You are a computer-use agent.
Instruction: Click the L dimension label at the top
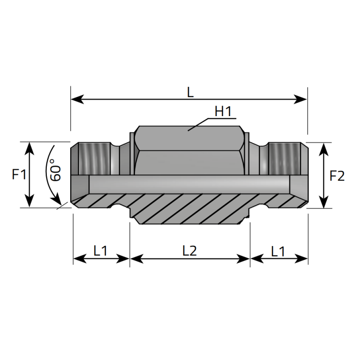coord(190,93)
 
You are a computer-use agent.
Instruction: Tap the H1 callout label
coord(223,111)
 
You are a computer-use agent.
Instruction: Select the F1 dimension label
coord(19,174)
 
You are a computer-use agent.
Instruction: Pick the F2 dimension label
coord(337,176)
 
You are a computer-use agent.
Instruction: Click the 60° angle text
coord(55,170)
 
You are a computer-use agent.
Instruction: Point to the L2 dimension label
coord(189,251)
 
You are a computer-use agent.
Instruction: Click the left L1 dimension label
coord(100,251)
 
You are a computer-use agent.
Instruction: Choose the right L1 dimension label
coord(278,252)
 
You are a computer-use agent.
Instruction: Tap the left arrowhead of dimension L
coord(77,99)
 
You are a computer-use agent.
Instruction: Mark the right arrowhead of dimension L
coord(300,99)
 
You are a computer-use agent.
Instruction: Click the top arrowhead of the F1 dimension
coord(29,148)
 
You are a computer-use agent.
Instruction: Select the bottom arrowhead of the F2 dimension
coord(324,202)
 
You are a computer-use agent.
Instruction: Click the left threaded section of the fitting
coord(94,159)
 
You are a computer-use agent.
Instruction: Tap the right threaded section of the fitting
coord(284,159)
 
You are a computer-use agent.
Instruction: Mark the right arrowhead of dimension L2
coord(243,259)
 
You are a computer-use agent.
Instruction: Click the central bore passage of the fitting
coord(189,184)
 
